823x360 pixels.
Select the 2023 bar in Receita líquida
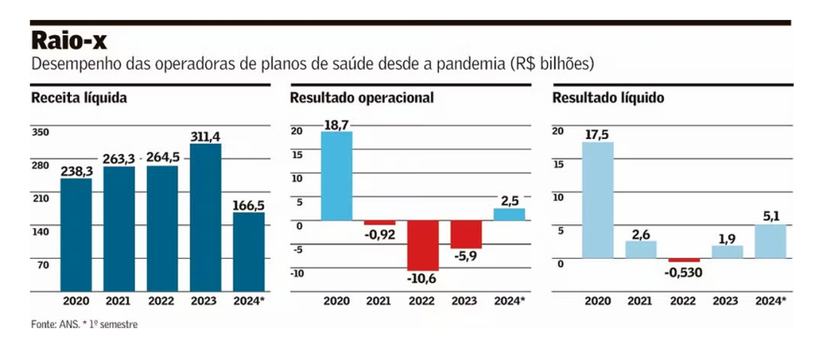(x=205, y=217)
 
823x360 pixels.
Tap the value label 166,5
(x=248, y=206)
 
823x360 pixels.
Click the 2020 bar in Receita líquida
(x=76, y=234)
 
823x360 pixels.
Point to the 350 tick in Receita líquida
(x=41, y=132)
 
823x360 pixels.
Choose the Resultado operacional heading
(x=362, y=98)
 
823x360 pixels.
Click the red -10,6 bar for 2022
(x=422, y=245)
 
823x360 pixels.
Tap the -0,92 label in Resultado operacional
(x=380, y=235)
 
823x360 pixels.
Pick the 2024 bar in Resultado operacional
(x=509, y=215)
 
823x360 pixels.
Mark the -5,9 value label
(x=465, y=258)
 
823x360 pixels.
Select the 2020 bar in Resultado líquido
(x=597, y=200)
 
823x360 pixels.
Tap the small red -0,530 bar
(x=684, y=260)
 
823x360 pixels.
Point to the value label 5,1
(x=770, y=216)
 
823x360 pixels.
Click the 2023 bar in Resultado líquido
(x=727, y=252)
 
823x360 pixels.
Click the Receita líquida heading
(x=80, y=98)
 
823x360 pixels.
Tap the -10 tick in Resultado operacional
(x=297, y=273)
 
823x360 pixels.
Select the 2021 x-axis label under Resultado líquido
(x=641, y=301)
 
